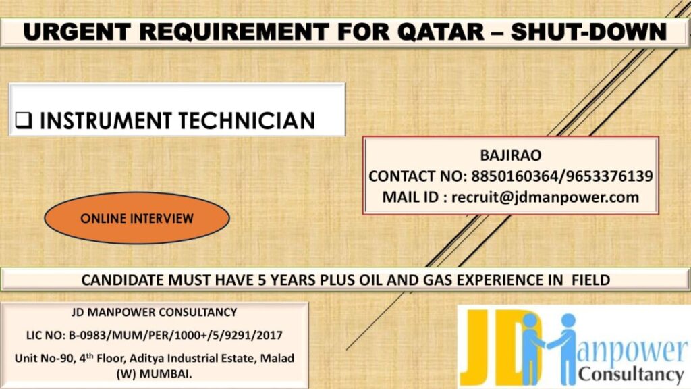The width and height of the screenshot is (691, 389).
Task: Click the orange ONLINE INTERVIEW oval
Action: coord(137,218)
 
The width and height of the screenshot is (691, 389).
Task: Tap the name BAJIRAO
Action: coord(510,155)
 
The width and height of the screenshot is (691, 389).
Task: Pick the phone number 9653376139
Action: coord(604,176)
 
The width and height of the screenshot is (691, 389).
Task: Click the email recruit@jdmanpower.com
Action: coord(545,197)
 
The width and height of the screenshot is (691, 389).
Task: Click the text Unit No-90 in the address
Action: coord(44,356)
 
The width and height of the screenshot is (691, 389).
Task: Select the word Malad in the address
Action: coord(278,356)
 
